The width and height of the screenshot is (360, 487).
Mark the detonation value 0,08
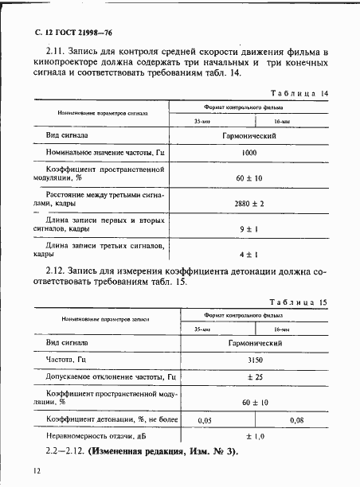coord(296,419)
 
